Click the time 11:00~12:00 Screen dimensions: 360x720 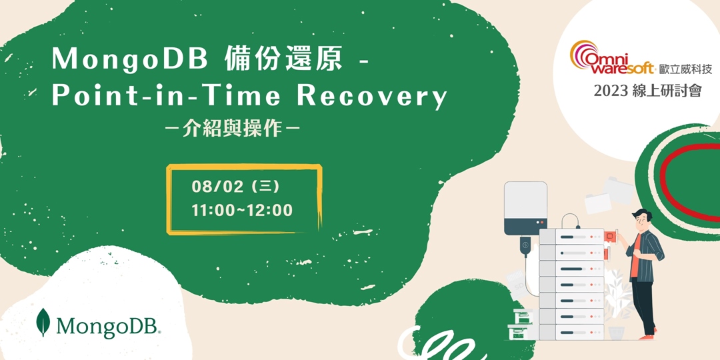[242, 211]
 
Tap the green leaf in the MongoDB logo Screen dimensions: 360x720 [43, 323]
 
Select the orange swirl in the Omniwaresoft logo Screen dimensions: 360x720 [583, 53]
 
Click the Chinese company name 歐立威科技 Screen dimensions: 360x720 [685, 68]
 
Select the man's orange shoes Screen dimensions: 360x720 [645, 337]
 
